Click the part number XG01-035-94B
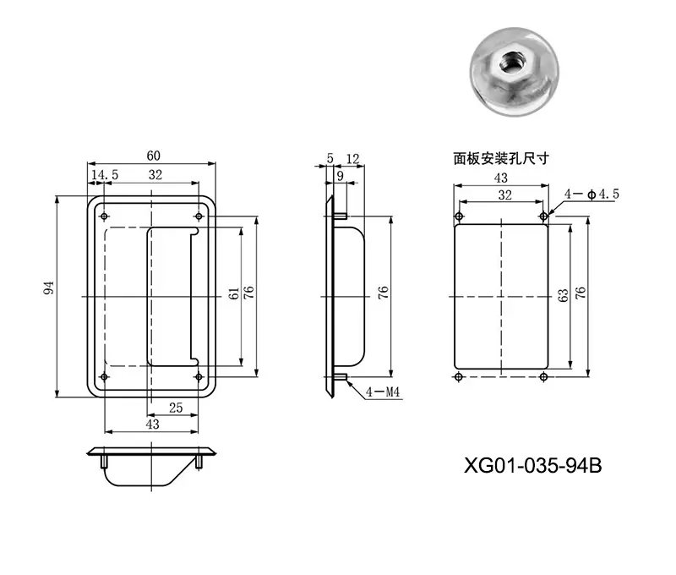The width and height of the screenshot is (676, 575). coord(532,465)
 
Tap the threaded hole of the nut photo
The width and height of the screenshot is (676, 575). coord(510,63)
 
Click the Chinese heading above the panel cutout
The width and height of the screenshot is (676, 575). coord(500,159)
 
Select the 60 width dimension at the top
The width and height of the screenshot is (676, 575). coord(153,156)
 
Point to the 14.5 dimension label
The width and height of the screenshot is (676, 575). coord(105,175)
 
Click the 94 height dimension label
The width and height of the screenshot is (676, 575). coord(49,287)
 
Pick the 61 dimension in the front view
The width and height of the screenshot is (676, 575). coord(233,293)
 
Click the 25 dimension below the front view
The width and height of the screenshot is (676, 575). coord(176,408)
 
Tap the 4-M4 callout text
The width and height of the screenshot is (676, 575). coord(383,392)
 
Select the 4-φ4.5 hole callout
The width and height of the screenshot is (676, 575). coord(591,194)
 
